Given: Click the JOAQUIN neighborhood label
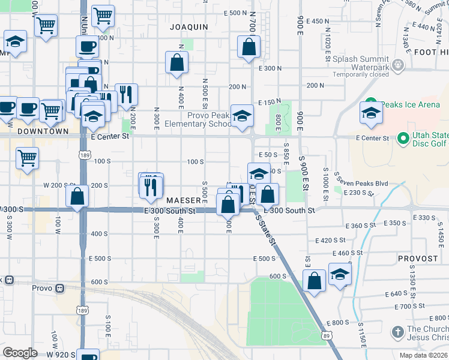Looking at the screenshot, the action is click(x=188, y=27).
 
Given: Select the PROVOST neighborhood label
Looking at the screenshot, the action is click(x=418, y=259).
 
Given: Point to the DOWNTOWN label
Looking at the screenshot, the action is click(x=43, y=131).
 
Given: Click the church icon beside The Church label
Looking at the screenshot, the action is click(x=397, y=332).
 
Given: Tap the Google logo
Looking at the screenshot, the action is click(x=20, y=353).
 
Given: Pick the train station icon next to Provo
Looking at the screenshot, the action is click(x=59, y=287).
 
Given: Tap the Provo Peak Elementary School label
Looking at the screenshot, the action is click(x=209, y=119).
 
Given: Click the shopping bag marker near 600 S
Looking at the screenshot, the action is click(x=314, y=280).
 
